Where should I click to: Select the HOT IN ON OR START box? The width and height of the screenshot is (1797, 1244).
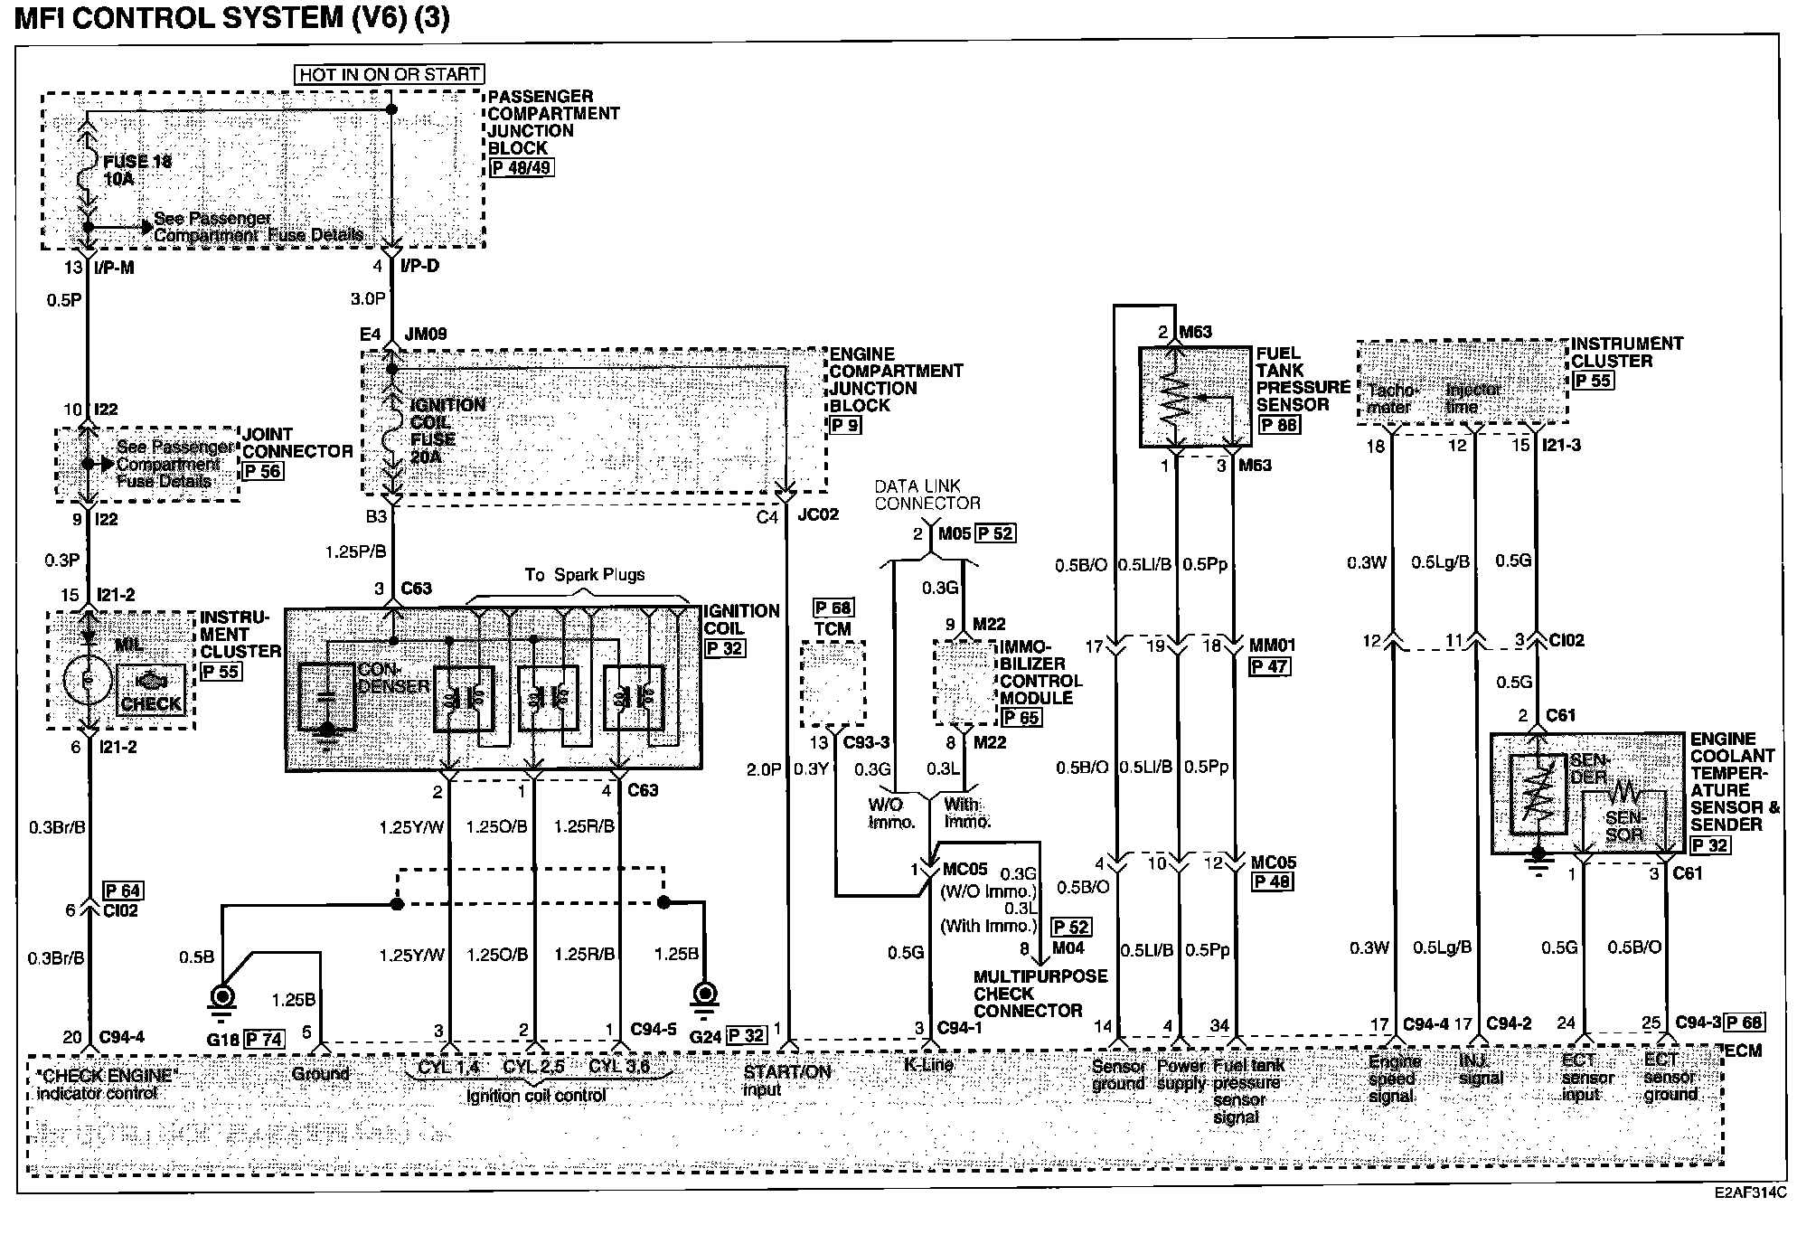tap(389, 74)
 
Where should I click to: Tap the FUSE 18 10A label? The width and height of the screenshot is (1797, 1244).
tap(136, 170)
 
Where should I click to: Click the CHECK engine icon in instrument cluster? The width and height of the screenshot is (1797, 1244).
tap(152, 691)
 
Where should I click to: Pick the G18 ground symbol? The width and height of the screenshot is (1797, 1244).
tap(221, 997)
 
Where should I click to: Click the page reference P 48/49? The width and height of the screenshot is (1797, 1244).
tap(521, 168)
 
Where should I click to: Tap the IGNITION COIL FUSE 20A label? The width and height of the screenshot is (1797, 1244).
tap(445, 430)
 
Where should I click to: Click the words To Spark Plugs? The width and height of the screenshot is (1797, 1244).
tap(585, 575)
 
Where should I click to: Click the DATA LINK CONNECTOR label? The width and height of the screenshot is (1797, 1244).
tap(926, 495)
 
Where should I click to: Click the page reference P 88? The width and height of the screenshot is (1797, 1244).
tap(1278, 425)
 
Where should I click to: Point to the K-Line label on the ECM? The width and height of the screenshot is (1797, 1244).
tap(928, 1064)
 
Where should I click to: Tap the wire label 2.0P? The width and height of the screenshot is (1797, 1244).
tap(764, 769)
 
